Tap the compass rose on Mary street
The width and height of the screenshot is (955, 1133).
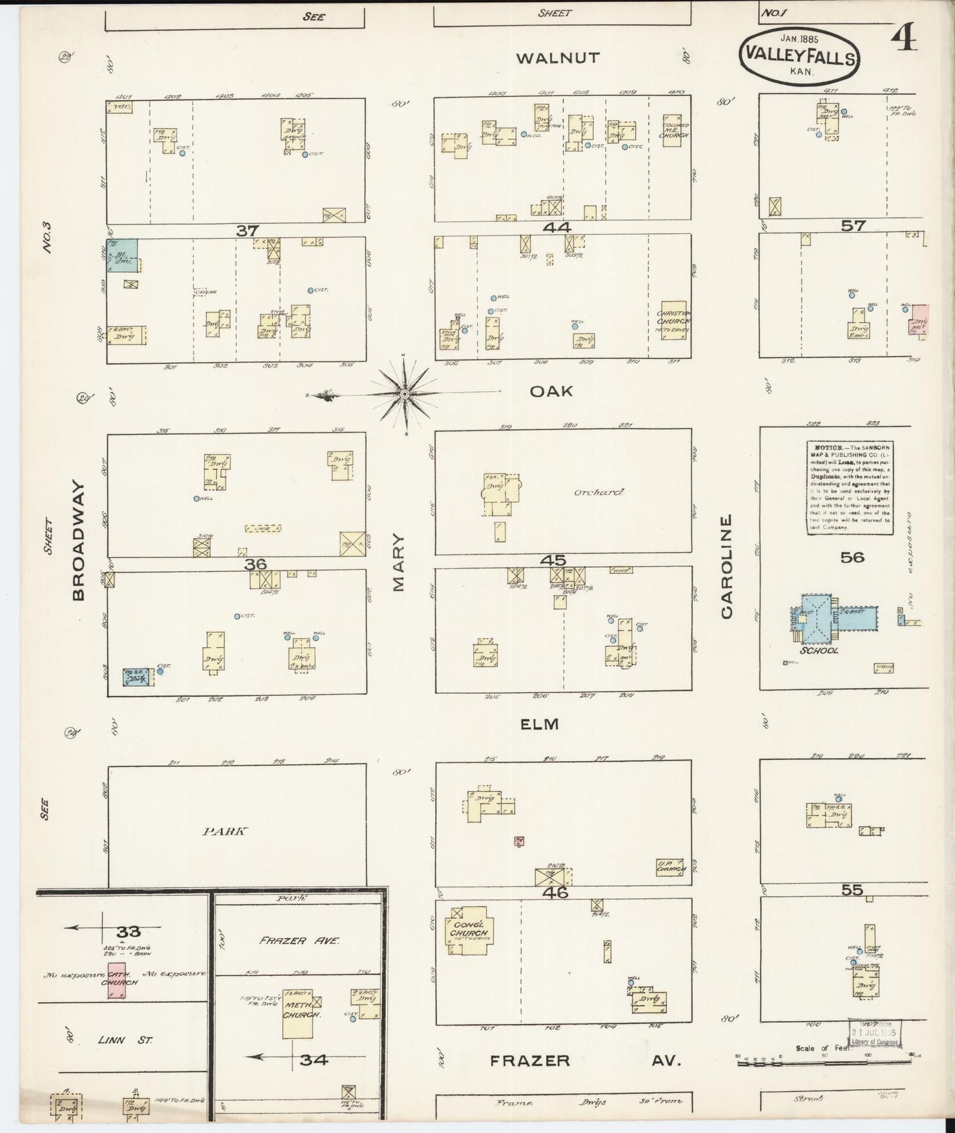tap(404, 395)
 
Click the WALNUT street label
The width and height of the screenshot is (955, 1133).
tap(558, 58)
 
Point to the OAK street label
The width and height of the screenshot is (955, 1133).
tap(551, 391)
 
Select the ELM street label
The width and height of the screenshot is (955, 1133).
tap(539, 724)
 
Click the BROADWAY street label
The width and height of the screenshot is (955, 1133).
tap(78, 541)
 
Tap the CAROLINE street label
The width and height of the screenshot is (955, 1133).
tap(727, 566)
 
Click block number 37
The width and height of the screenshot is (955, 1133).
tap(247, 230)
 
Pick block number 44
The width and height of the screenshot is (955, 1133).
tap(558, 227)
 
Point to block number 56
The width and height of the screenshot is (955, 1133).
tap(852, 557)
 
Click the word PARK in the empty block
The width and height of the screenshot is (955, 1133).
tap(225, 832)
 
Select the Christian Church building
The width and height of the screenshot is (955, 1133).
tap(673, 321)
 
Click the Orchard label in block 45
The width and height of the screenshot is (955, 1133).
tap(599, 492)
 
